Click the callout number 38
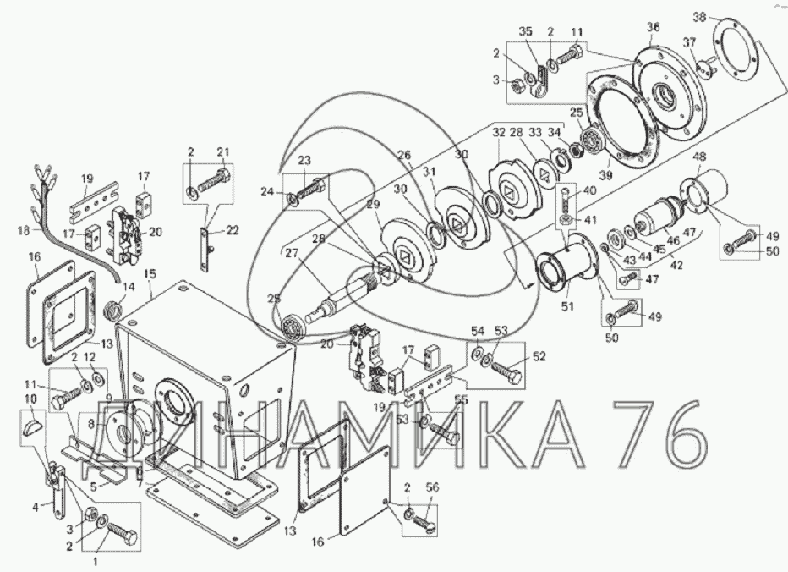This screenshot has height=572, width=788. (699, 17)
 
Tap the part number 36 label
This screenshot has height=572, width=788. (653, 27)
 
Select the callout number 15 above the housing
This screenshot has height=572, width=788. (150, 273)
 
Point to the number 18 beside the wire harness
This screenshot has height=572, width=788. (24, 231)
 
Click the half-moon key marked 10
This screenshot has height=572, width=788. (31, 429)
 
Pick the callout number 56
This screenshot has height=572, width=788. (432, 487)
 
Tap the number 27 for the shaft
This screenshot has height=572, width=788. (292, 253)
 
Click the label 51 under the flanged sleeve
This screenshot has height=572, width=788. (567, 306)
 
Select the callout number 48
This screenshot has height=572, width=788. (699, 157)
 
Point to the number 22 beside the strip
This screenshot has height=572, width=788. (233, 230)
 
